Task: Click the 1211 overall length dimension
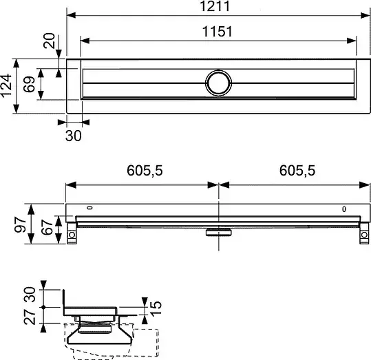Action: coord(215,6)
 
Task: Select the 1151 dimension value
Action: coord(218,32)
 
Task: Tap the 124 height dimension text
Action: coord(6,85)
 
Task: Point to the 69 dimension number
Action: coord(29,84)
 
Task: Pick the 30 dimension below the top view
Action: coord(74,136)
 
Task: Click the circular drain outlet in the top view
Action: coord(218,83)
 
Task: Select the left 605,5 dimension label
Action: coord(145,171)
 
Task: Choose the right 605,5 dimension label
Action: coord(297,171)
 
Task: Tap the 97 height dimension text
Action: coord(21,224)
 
